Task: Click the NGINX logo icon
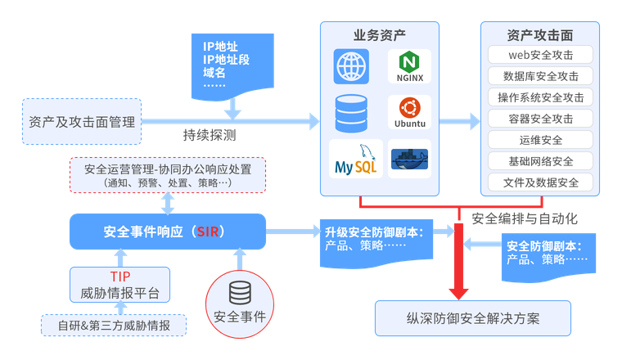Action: point(409,66)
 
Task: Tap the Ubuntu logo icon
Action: point(409,113)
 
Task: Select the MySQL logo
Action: point(354,160)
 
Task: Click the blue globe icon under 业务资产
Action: point(351,66)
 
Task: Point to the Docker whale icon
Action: point(409,160)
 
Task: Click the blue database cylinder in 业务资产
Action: point(351,113)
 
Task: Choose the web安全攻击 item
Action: point(540,55)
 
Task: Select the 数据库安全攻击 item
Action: point(540,76)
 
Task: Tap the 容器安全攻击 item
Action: point(540,119)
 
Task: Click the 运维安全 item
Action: point(540,140)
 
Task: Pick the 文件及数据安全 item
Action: point(540,182)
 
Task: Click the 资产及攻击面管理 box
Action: point(82,122)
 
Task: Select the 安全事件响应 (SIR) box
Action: point(167,231)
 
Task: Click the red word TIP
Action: point(120,277)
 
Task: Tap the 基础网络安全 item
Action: point(540,161)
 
